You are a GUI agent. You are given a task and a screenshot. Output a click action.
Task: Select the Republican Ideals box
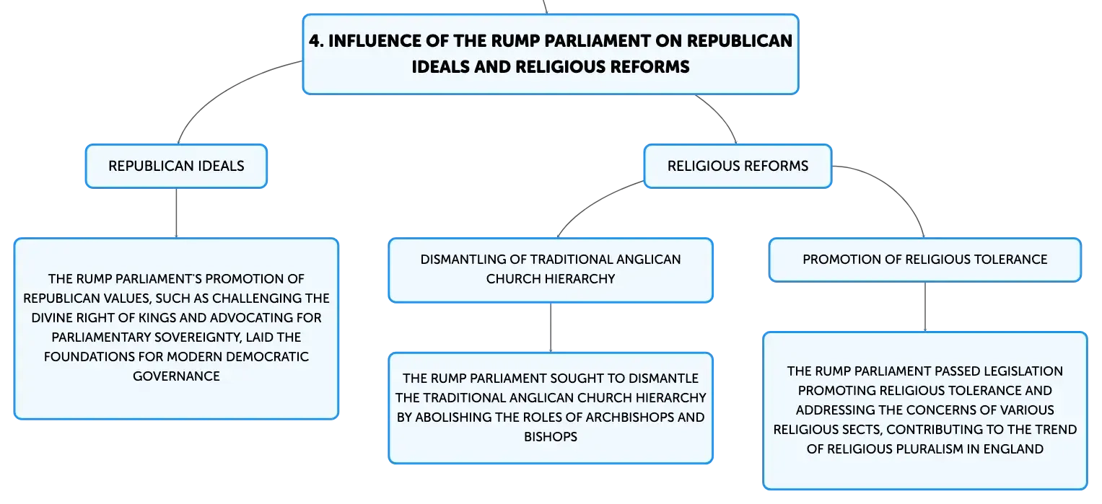click(176, 166)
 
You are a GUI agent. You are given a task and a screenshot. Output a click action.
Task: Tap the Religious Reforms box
click(738, 166)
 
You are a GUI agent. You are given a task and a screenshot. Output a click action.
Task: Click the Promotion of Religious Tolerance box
click(925, 260)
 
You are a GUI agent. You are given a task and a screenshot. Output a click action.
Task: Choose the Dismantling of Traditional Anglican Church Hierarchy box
click(551, 270)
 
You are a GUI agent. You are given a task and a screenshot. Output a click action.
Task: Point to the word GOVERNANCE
click(176, 376)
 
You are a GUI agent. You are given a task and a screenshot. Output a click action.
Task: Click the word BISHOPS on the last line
click(551, 437)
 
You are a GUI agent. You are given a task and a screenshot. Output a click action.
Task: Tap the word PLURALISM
click(904, 449)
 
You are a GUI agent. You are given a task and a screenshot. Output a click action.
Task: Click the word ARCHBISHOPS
click(630, 417)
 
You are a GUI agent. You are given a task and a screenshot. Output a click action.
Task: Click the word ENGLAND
click(1013, 449)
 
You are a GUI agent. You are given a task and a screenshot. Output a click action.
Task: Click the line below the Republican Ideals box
click(176, 213)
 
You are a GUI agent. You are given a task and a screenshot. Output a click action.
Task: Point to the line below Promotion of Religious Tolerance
click(925, 307)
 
